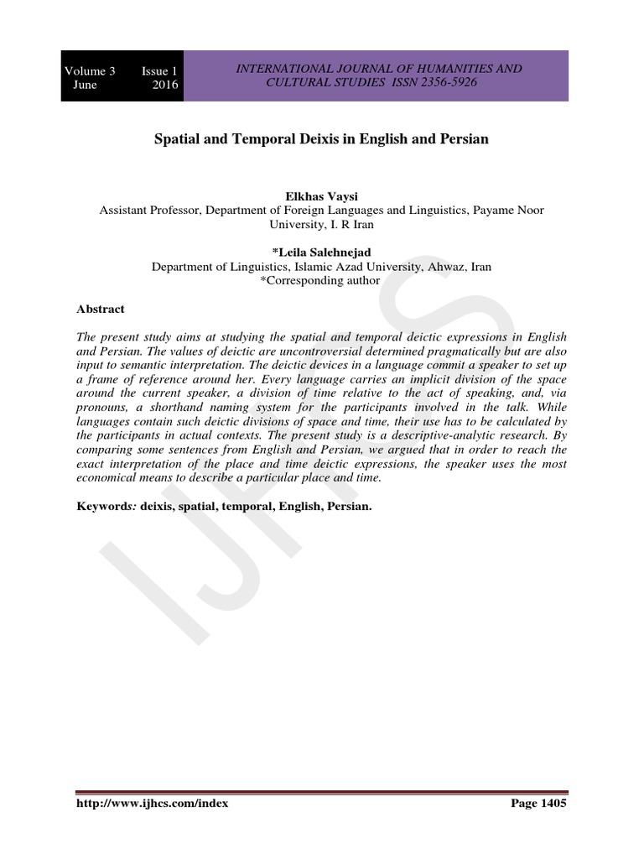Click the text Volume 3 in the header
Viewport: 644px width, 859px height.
tap(90, 70)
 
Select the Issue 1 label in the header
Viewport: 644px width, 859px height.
tap(159, 70)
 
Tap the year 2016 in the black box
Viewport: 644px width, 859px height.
tap(165, 85)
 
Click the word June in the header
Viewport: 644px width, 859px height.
tap(85, 85)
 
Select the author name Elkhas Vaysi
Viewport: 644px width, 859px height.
tap(322, 195)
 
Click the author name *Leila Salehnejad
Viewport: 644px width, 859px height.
tap(322, 252)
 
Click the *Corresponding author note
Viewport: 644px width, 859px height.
tap(321, 281)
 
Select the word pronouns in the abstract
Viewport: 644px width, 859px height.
tap(104, 407)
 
